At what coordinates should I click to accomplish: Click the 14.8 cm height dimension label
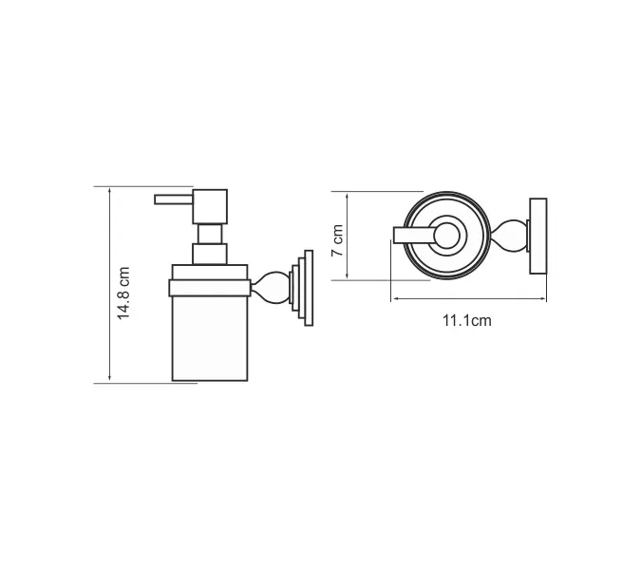123,284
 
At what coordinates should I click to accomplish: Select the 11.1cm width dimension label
466,320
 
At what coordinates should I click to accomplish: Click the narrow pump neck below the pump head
211,234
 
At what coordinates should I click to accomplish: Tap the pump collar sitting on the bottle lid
210,254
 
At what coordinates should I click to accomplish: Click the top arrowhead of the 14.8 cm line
110,189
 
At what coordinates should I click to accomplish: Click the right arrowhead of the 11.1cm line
545,299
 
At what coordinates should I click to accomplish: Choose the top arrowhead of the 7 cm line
350,194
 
